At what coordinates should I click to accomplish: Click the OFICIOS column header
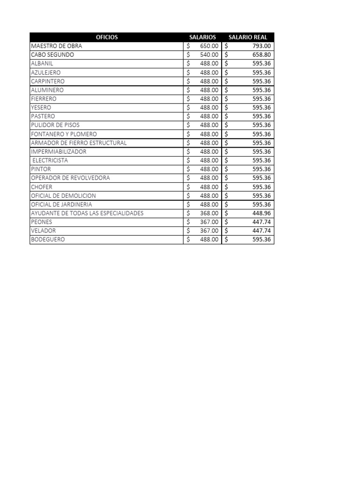click(106, 37)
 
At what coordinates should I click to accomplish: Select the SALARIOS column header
click(202, 37)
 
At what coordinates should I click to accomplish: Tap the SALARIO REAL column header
click(247, 37)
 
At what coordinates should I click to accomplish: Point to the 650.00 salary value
click(209, 46)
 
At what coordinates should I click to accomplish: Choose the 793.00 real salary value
click(262, 46)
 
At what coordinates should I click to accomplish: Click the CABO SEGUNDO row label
click(52, 55)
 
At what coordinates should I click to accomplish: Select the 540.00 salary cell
click(209, 55)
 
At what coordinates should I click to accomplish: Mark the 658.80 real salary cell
click(262, 55)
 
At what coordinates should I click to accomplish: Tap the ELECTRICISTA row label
click(50, 160)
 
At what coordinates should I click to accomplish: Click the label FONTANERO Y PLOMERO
click(64, 134)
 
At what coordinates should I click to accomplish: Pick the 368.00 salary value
click(209, 213)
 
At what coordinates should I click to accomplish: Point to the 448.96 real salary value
click(262, 213)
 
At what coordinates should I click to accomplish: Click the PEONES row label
click(42, 222)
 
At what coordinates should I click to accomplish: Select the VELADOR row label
click(43, 231)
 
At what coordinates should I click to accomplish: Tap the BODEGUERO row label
click(48, 240)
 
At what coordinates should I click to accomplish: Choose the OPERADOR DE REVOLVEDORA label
click(70, 178)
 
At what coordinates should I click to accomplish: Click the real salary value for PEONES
click(262, 222)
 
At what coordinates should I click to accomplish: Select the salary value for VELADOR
click(209, 231)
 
